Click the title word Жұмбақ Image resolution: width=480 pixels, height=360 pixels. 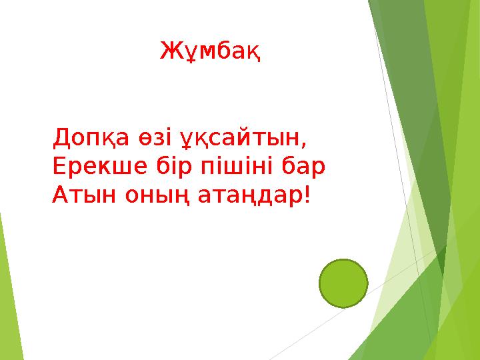[210, 50]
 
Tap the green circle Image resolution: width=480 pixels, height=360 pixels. [343, 283]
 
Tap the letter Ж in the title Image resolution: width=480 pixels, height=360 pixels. [169, 50]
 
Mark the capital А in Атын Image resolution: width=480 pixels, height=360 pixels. [59, 195]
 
